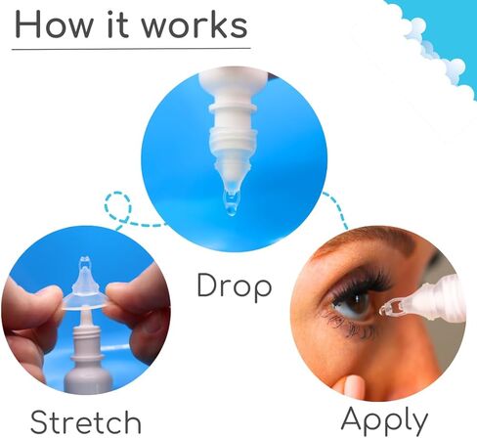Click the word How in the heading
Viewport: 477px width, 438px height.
coord(55,25)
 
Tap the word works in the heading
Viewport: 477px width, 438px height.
coord(195,25)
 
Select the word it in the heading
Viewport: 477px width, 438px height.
coord(117,25)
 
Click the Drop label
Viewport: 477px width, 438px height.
coord(235,285)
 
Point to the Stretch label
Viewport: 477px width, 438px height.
coord(86,421)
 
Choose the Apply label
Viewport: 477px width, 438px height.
coord(384,419)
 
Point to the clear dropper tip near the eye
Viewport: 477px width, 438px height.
coord(394,308)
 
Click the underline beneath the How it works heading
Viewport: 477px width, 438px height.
coord(131,49)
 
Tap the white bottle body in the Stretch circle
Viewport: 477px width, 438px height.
coord(88,365)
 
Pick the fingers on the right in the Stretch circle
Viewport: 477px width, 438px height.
coord(137,313)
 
